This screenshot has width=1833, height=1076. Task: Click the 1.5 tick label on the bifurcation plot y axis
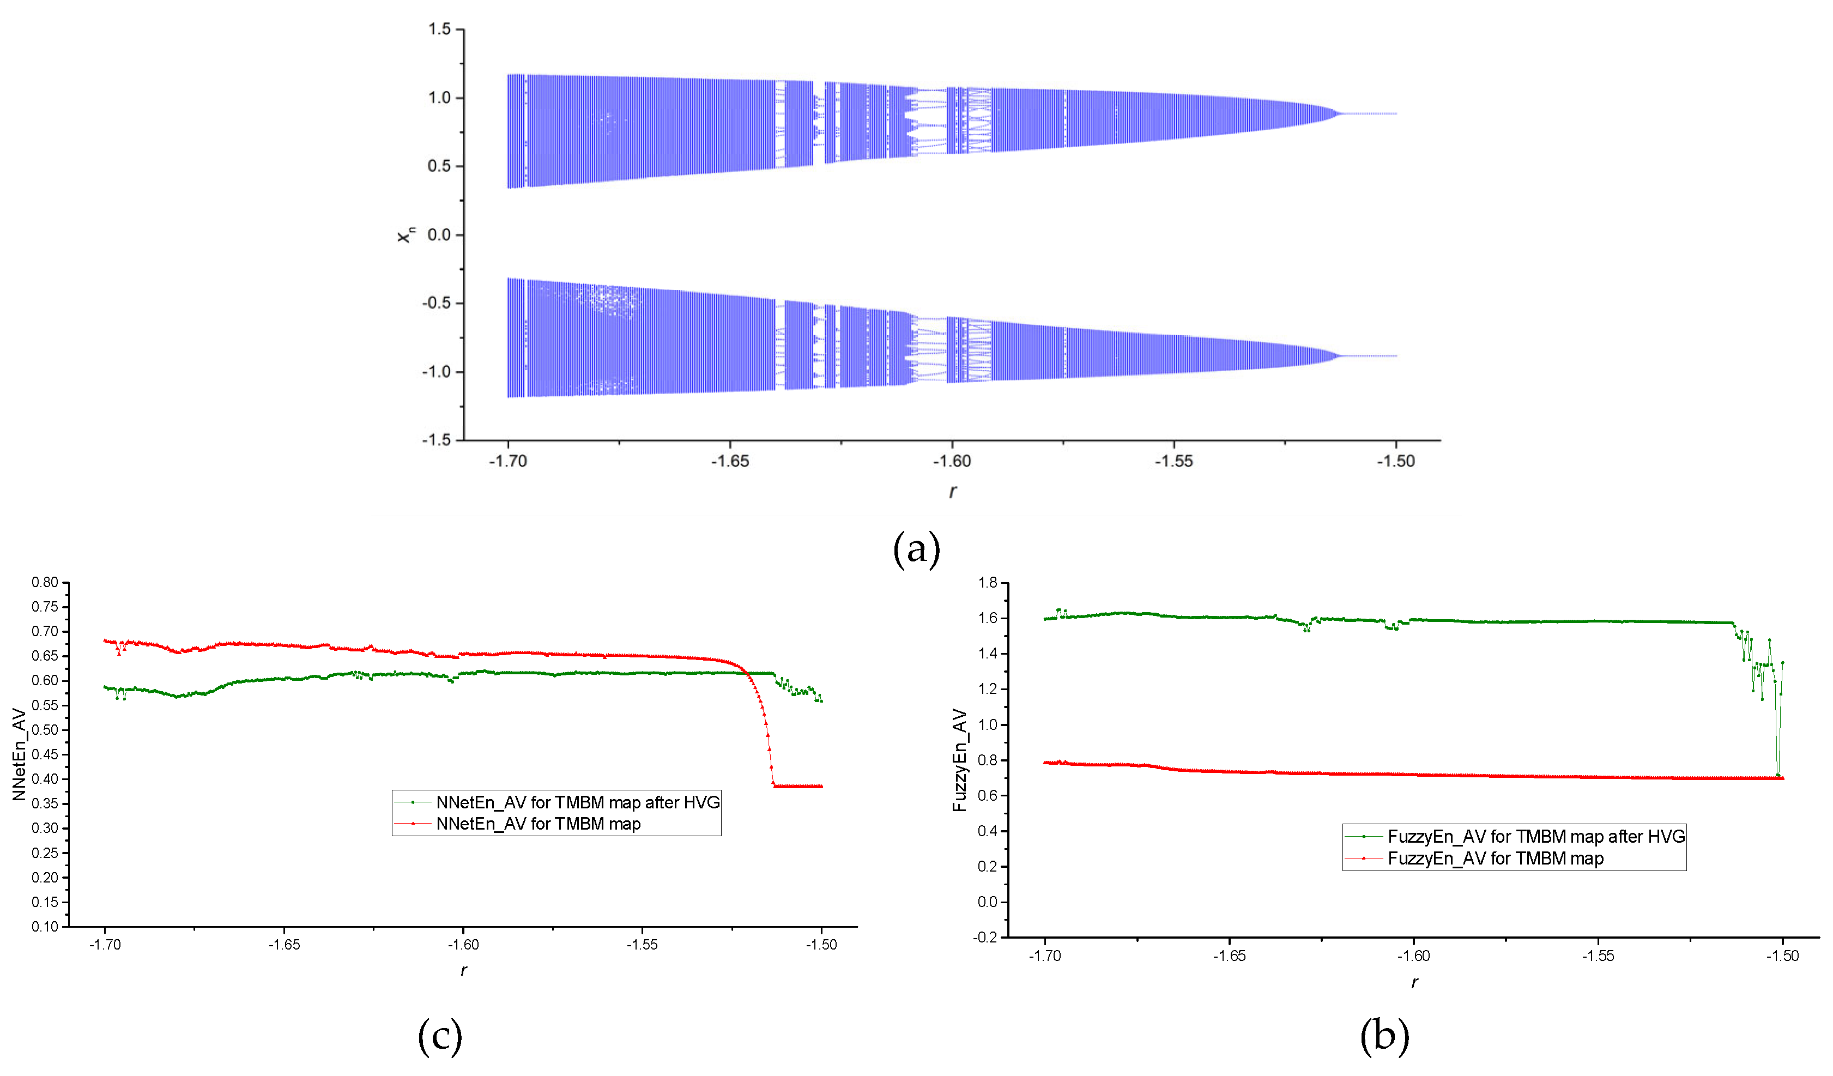click(439, 29)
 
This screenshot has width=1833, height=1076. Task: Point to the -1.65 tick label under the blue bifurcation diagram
click(730, 461)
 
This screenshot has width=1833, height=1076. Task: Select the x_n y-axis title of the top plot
click(406, 234)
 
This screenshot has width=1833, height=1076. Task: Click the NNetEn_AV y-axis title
click(19, 754)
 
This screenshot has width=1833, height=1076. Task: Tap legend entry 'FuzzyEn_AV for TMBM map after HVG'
click(1535, 837)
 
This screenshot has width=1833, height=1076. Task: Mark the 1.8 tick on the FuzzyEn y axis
click(987, 582)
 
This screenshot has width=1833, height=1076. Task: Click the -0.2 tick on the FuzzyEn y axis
click(985, 937)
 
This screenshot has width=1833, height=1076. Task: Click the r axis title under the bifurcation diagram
click(952, 492)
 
